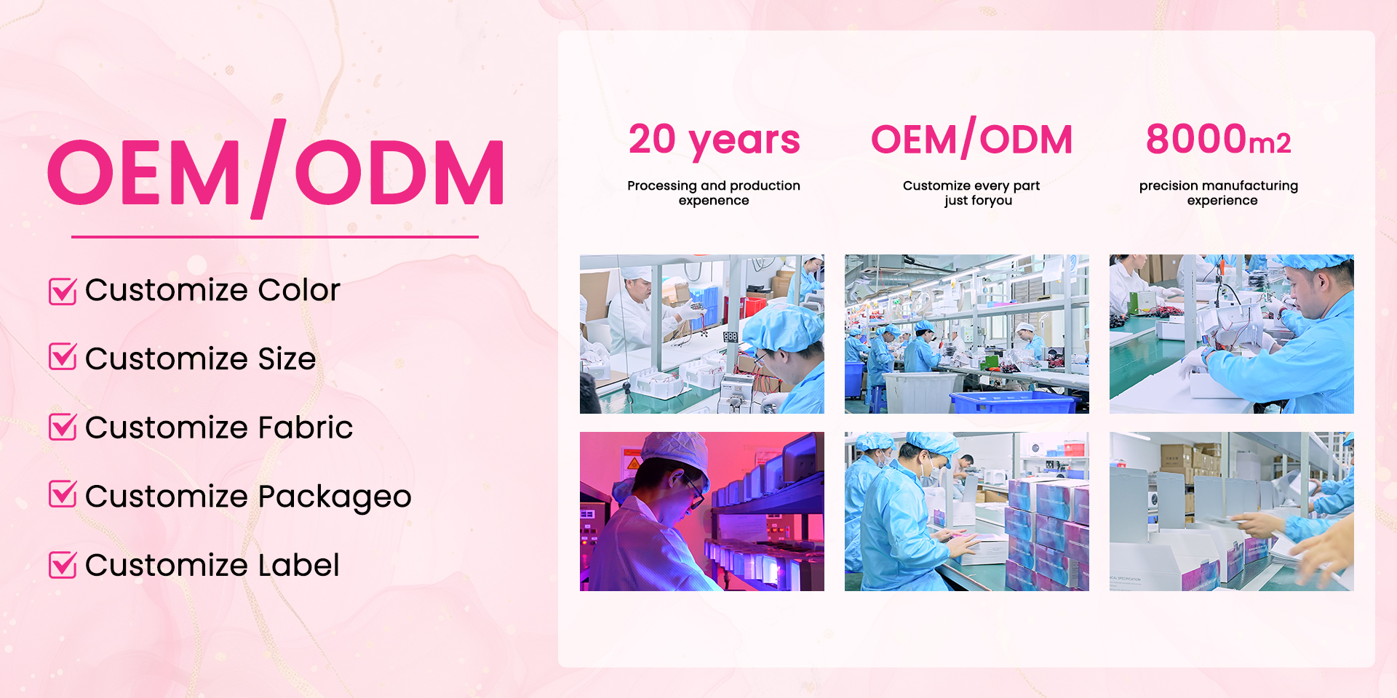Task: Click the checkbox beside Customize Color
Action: point(63,291)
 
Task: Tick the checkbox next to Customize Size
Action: point(63,357)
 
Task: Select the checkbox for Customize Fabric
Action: point(63,426)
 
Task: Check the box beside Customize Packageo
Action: point(63,494)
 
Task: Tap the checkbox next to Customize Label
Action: point(63,564)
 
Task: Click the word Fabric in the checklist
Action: point(306,427)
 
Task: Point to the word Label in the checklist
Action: point(299,565)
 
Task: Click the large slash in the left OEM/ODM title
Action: point(268,169)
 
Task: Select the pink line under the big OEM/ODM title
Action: point(275,236)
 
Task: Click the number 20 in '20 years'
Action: point(653,139)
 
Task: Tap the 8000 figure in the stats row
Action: point(1197,139)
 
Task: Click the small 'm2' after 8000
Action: point(1270,143)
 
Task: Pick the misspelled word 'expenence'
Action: point(714,201)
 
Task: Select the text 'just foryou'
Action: point(979,201)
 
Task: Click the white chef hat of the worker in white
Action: point(637,273)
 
